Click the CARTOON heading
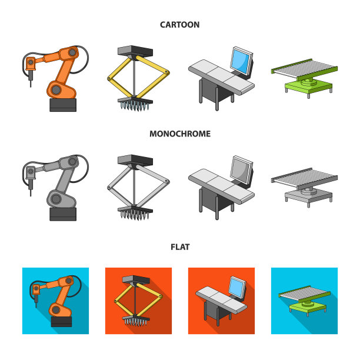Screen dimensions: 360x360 [180, 25]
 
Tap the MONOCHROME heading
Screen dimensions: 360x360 [180, 134]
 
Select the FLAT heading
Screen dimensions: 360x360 [180, 247]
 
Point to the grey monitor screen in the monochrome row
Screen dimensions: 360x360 [241, 170]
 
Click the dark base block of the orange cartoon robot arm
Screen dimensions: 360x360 [63, 105]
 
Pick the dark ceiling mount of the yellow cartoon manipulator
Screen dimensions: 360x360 [135, 51]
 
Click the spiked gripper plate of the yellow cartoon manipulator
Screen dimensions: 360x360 [135, 104]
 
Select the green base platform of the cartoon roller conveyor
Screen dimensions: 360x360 [309, 88]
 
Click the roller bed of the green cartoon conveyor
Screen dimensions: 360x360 [304, 68]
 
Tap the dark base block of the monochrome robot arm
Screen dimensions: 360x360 [63, 214]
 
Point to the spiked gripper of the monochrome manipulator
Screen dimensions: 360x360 [135, 212]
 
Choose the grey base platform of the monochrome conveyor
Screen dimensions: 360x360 [309, 196]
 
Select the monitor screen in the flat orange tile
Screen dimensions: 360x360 [237, 288]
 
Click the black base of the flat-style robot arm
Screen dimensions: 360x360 [61, 321]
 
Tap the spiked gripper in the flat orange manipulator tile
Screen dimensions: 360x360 [135, 321]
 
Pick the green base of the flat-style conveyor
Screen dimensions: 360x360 [308, 308]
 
